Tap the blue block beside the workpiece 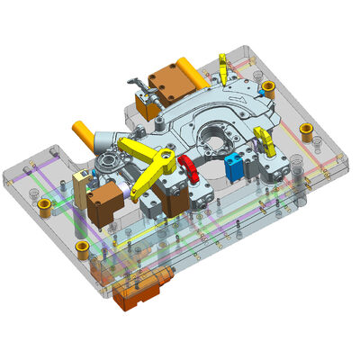(236, 165)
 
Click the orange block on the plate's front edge (139, 293)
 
